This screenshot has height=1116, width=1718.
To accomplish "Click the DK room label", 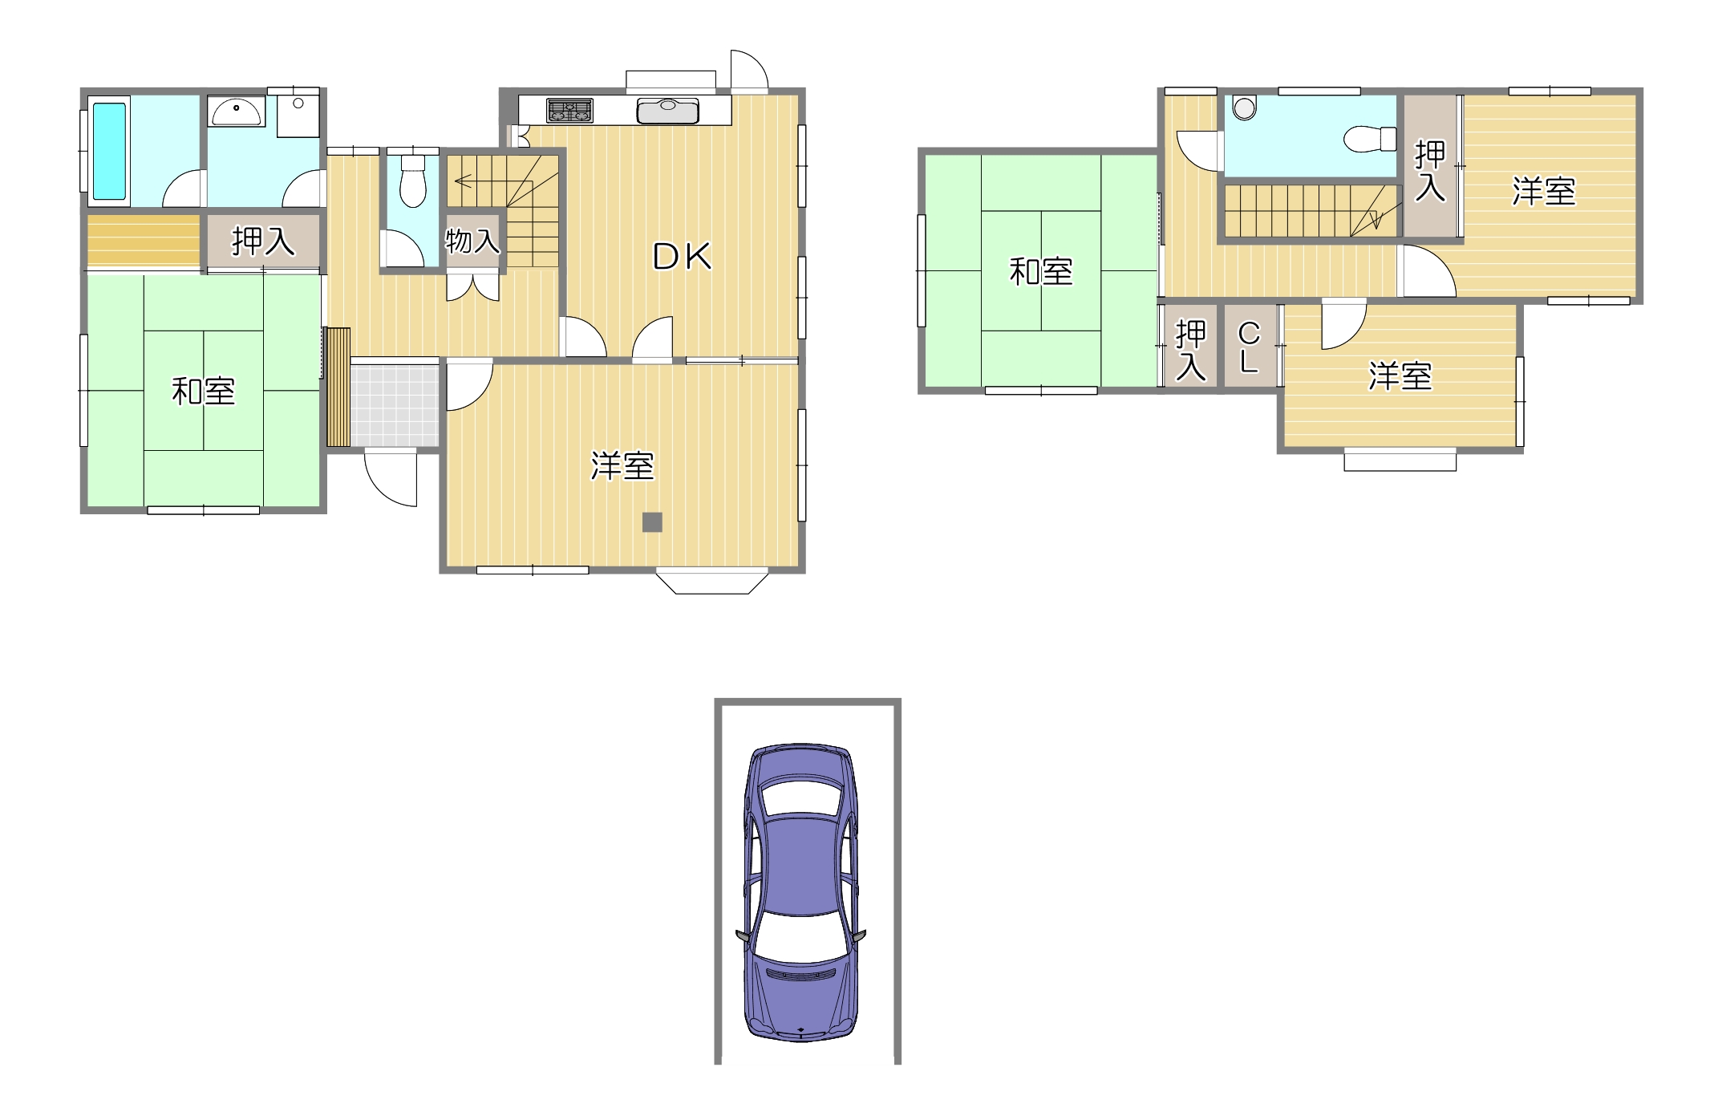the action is coord(682,257).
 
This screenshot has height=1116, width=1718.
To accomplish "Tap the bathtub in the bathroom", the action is coord(109,151).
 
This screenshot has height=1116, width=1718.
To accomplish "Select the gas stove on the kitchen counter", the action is coord(569,111).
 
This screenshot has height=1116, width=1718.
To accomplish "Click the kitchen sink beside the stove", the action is coord(667,110).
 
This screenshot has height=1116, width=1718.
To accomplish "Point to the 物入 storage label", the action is coord(472,241).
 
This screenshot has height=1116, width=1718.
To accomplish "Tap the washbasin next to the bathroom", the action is coord(236,112).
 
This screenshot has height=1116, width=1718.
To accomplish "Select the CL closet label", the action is coord(1249,347).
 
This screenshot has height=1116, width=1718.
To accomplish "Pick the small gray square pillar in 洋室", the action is coord(652,522).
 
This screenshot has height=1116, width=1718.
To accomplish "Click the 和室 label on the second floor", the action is coord(1041,272).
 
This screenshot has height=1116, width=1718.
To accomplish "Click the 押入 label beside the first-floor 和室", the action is coord(263,241).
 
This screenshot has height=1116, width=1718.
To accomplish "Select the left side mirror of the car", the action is coord(743,936).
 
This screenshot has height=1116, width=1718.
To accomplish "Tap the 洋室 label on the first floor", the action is coord(622,466).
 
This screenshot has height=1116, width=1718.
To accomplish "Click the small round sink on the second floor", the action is coord(1244,108).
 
